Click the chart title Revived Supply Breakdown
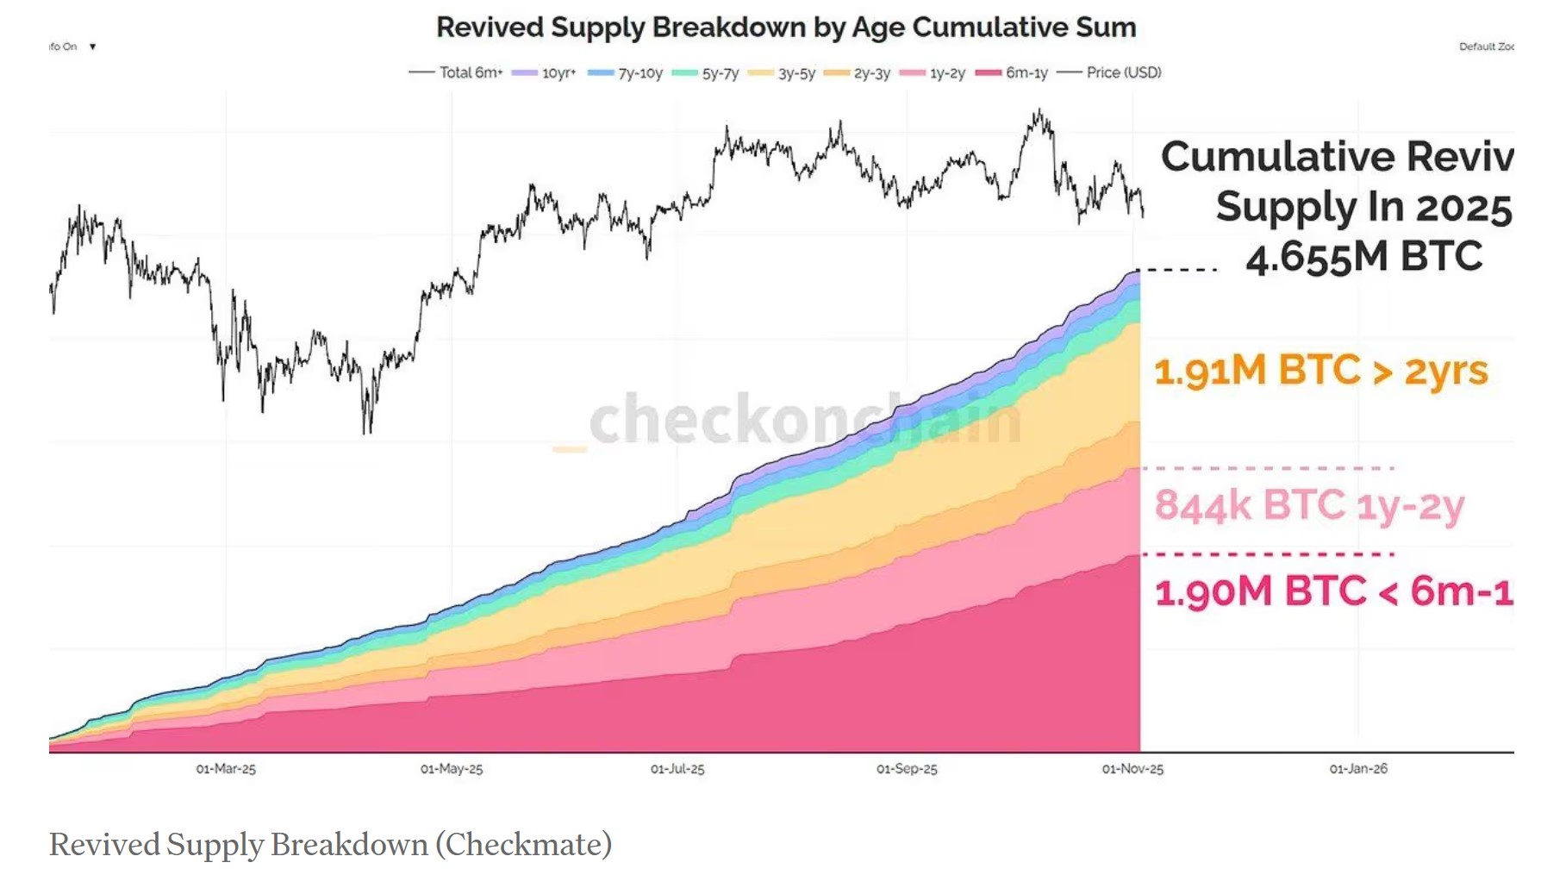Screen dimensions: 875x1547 tap(785, 28)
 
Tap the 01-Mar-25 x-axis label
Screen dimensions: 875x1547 tap(226, 769)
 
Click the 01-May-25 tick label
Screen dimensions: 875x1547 tap(452, 769)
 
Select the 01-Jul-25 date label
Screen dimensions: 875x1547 tap(677, 769)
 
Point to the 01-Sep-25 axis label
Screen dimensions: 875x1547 tap(907, 769)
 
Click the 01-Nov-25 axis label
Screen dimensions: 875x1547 tap(1132, 769)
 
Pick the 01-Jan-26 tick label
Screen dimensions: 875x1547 tap(1358, 769)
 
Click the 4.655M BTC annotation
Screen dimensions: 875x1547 tap(1363, 257)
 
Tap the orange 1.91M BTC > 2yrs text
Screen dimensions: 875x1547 tap(1320, 371)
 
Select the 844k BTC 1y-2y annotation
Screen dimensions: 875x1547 tap(1308, 506)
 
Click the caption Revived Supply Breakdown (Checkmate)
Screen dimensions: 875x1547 tap(330, 844)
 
